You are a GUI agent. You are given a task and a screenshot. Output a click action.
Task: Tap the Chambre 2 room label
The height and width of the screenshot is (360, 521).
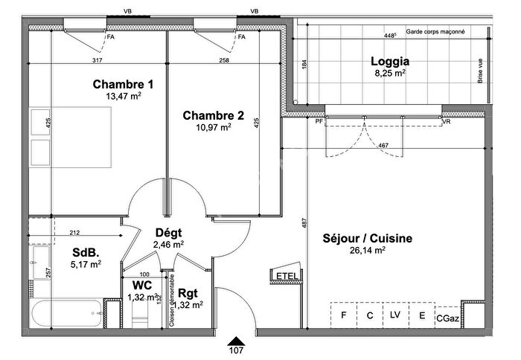[x=213, y=115]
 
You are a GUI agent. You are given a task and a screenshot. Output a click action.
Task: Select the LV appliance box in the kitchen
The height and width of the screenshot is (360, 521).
[x=395, y=315]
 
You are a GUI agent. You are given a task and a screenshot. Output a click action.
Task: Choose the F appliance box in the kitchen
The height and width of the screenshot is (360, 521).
[x=344, y=315]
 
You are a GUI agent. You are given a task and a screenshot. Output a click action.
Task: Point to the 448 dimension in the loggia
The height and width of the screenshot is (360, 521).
[x=389, y=36]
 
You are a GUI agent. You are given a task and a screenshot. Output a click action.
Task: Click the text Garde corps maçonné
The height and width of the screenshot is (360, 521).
[x=436, y=33]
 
